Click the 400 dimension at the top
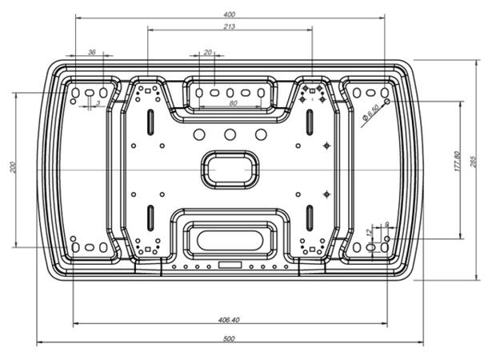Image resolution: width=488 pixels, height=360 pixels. (x=230, y=15)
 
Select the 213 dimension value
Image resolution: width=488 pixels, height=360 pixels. (x=230, y=26)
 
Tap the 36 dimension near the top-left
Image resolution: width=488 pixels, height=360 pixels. (x=91, y=52)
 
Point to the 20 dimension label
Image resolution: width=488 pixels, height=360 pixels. (x=208, y=52)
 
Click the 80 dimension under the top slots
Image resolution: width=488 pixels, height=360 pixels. (x=233, y=103)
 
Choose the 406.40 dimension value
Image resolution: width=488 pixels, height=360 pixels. (x=230, y=319)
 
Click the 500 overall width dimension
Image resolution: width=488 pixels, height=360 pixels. (x=230, y=339)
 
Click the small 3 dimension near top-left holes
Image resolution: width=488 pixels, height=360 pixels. (x=98, y=103)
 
